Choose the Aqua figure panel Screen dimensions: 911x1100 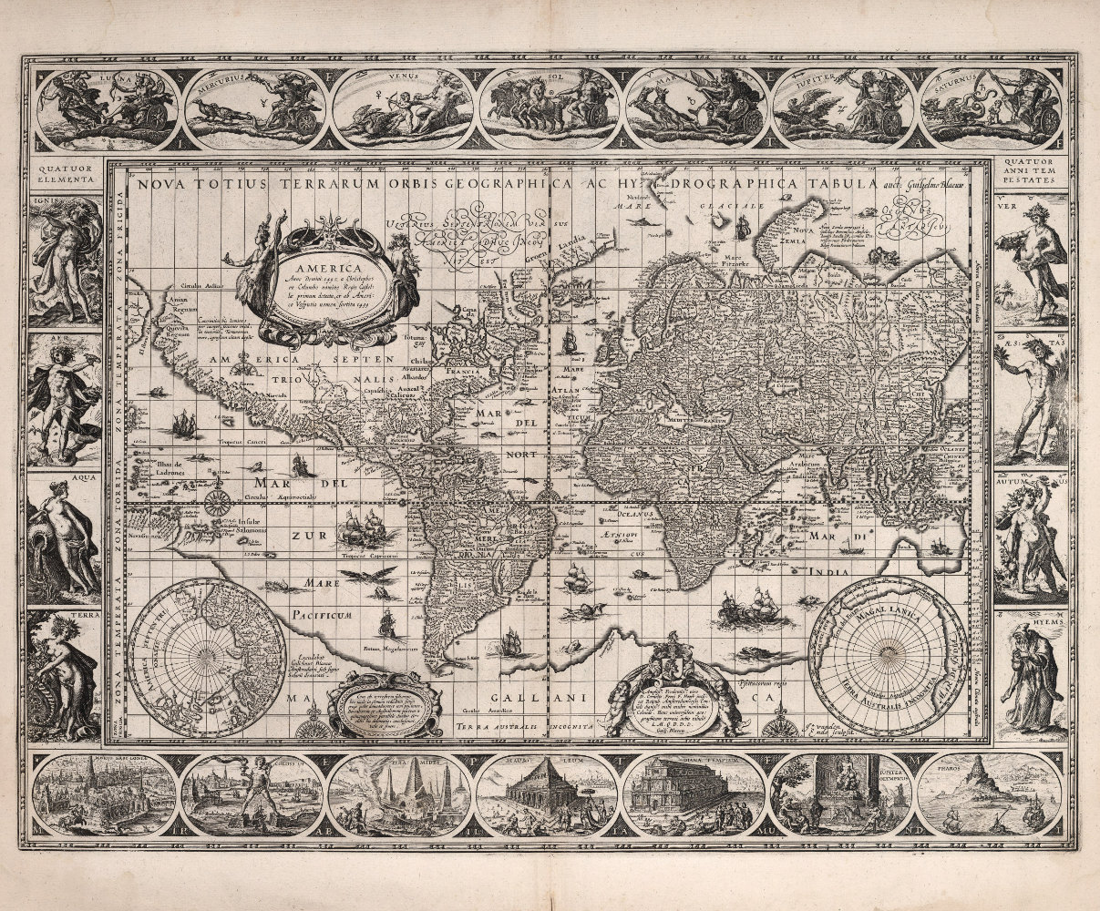point(64,537)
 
